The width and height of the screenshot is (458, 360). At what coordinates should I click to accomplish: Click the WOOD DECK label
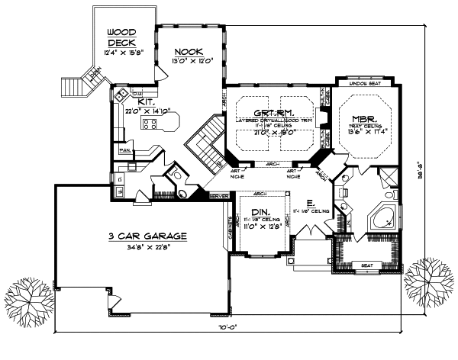point(121,37)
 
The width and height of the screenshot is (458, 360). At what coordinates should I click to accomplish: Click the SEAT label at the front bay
point(366,265)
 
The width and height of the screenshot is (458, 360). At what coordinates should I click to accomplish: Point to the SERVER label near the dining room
point(218,197)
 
